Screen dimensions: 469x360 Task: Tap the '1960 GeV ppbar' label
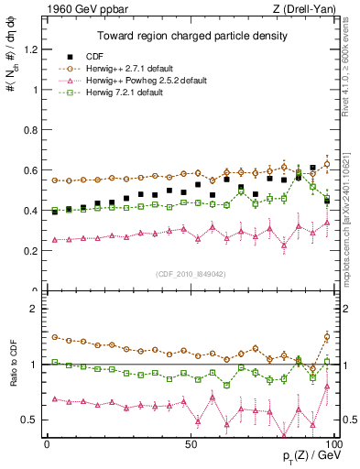pyautogui.click(x=78, y=9)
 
